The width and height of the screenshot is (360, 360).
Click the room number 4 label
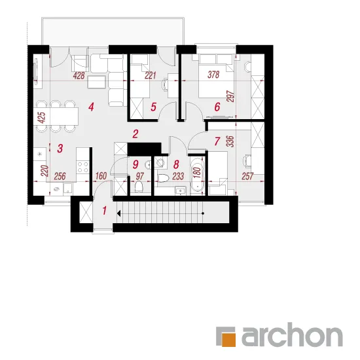point(91,107)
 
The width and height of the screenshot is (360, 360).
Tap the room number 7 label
point(217,141)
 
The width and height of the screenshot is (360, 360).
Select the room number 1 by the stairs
point(105,211)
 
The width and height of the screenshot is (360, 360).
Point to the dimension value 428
point(79,75)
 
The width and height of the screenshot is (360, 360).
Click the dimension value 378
point(213,75)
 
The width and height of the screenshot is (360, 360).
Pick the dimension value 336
point(230,141)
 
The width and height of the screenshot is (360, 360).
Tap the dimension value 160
point(101,176)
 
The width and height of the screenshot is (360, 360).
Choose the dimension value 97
point(140,176)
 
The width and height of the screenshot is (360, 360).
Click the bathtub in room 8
point(197,174)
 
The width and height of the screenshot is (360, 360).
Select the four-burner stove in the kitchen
point(83,167)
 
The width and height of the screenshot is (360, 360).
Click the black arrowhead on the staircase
point(118,213)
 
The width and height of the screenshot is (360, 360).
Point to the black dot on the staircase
point(203,213)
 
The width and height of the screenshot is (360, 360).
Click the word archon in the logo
point(292,334)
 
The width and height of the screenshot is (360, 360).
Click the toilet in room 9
point(139,186)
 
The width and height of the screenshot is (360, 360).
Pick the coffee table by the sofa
point(97,82)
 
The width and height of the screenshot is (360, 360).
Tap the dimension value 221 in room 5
point(151,75)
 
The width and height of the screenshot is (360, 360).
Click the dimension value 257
point(247,176)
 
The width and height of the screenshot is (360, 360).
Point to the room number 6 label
point(217,107)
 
